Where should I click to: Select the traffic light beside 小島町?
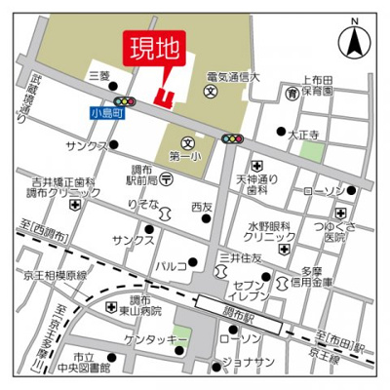point(124,100)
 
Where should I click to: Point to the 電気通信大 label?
point(233,76)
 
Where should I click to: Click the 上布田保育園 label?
point(317,85)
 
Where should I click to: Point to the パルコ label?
point(171,264)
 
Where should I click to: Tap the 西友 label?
point(202,207)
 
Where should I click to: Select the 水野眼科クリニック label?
point(269,229)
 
